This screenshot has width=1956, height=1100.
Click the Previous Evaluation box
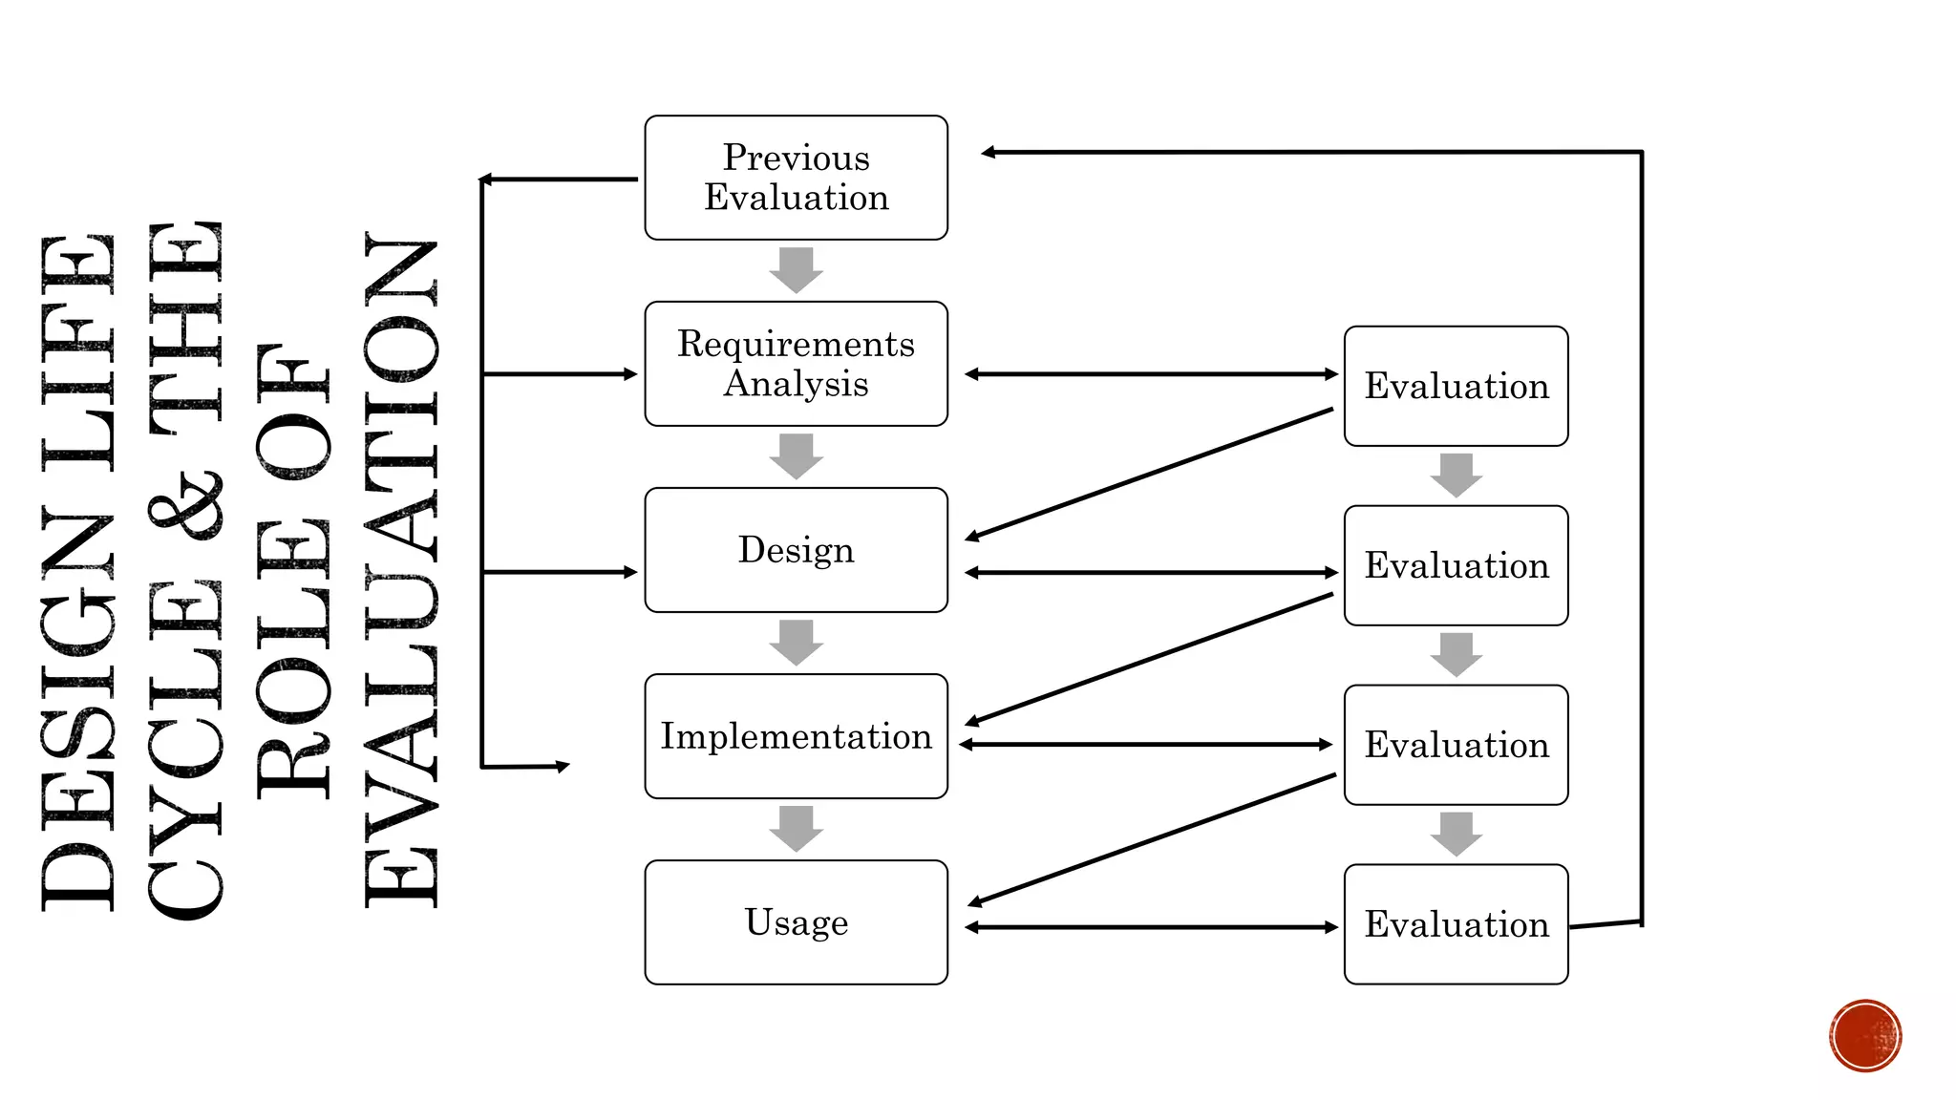(796, 178)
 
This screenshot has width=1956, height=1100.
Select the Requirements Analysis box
(796, 364)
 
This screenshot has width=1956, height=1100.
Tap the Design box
(796, 550)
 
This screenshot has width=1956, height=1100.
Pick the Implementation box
(796, 736)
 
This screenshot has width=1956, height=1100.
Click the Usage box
(796, 922)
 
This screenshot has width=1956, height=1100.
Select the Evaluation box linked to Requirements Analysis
(1456, 386)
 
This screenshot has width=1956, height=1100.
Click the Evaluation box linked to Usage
(1456, 924)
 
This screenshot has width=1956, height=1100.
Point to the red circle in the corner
(1865, 1036)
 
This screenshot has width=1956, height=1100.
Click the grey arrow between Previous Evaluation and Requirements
(796, 270)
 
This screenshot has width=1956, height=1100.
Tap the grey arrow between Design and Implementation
(796, 643)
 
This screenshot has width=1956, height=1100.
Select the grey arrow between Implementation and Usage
(796, 829)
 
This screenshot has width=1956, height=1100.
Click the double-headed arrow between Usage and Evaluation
(1151, 927)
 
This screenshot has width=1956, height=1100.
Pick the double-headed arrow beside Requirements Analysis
(1151, 374)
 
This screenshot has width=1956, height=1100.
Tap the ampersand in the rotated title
(186, 506)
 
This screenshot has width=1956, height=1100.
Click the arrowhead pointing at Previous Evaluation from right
(989, 152)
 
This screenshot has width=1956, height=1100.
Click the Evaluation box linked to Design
(1456, 565)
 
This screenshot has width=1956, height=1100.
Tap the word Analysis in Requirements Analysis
(796, 384)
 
